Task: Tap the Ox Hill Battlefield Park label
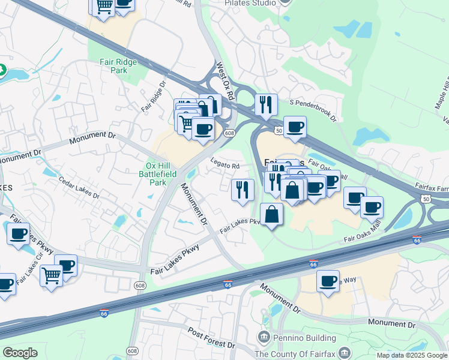(157, 174)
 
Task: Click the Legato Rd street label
(225, 163)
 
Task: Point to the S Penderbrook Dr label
(313, 109)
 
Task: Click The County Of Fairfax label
(303, 353)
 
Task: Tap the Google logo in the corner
(20, 353)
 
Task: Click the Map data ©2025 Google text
(412, 355)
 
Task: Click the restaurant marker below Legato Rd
(243, 190)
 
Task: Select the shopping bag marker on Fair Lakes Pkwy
(272, 214)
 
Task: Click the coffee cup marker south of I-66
(328, 281)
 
